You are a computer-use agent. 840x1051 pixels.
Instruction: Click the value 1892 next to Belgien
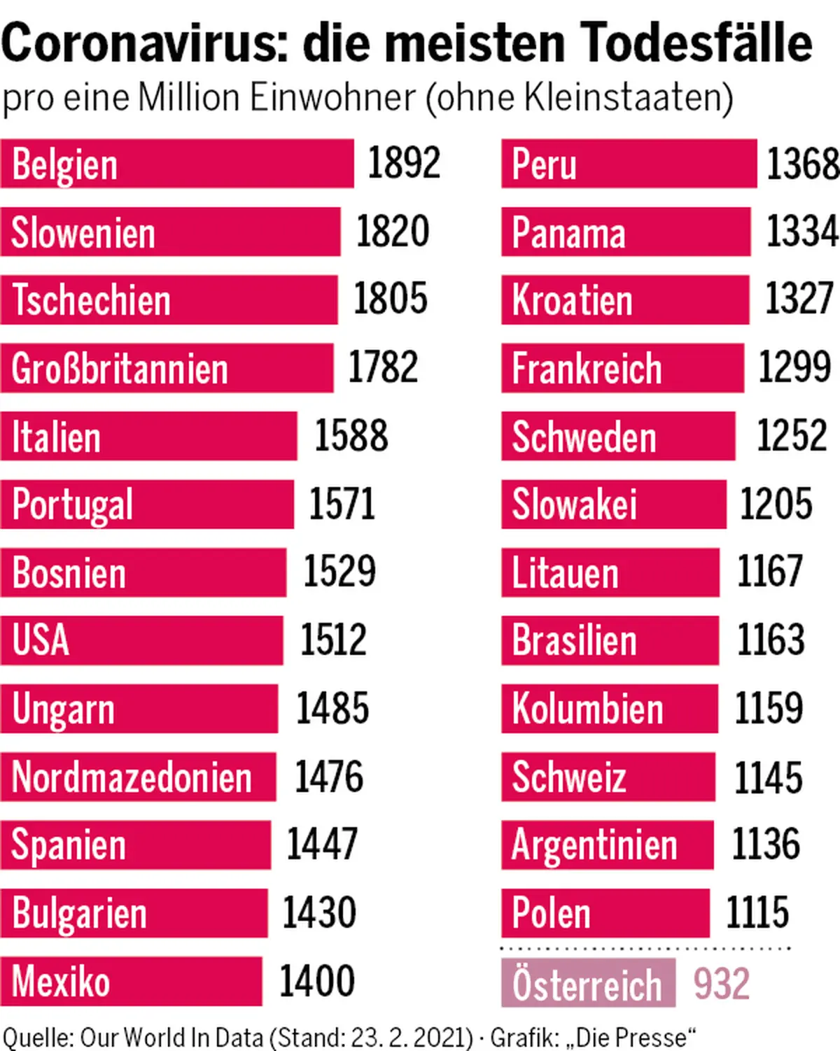404,163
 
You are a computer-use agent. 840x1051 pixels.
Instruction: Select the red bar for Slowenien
170,232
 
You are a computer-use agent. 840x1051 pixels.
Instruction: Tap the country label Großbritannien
120,369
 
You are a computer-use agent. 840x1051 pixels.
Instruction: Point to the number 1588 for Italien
351,435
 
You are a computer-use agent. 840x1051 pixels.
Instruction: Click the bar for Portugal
147,504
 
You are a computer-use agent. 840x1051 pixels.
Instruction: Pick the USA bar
141,640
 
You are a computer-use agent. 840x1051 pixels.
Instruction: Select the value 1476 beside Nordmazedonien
329,777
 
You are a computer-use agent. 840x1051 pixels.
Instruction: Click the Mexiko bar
131,982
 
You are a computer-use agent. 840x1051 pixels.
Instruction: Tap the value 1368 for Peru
803,164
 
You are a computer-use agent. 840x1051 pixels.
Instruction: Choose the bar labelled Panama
625,232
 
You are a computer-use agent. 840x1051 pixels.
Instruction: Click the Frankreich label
587,369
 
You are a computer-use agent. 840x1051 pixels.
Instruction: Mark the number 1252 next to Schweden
792,435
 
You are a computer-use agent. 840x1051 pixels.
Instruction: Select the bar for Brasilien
610,640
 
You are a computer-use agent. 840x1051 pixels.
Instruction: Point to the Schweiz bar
608,777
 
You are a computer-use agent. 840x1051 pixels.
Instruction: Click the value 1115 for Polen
757,912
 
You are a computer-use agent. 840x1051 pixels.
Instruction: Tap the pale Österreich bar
588,983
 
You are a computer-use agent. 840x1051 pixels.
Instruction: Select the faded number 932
722,983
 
